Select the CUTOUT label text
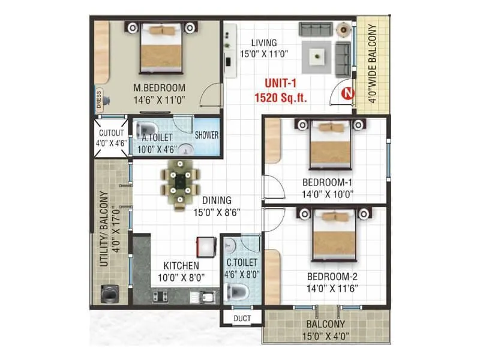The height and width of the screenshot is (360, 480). point(111,133)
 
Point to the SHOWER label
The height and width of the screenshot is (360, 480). point(206,135)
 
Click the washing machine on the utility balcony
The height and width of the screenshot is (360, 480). point(110,293)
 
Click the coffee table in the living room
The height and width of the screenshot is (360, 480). point(317,57)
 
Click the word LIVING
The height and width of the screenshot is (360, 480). point(264,43)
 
